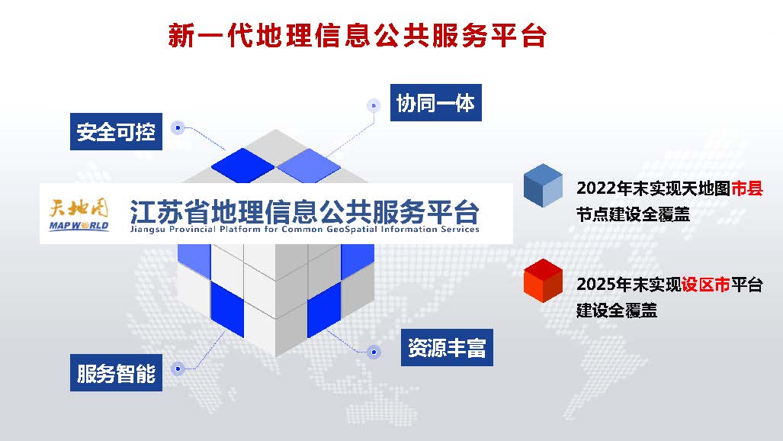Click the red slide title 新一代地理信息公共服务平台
pos(358,36)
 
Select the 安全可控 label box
pos(116,131)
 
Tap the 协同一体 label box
pos(435,102)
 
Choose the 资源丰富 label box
pos(447,347)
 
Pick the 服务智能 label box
pos(116,372)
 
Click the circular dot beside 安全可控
pos(178,128)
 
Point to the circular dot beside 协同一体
pos(374,105)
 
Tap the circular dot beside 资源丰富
pos(374,352)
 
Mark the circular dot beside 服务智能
pos(178,369)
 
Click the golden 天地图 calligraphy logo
pos(79,208)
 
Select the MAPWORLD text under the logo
pos(79,226)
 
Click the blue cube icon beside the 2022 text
pos(544,185)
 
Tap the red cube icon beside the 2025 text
pos(544,281)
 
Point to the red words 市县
pos(747,188)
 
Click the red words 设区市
pos(705,285)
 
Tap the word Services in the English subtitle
pos(460,229)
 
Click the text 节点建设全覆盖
pos(634,214)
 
